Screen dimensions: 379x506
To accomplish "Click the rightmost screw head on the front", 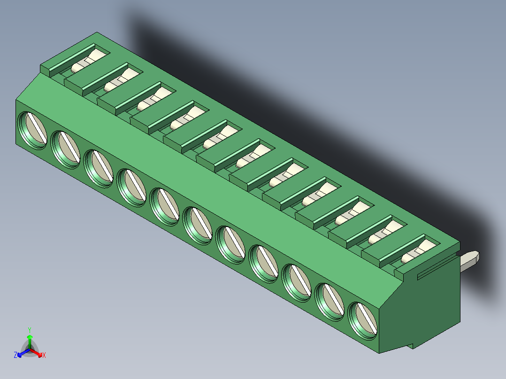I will (363, 321).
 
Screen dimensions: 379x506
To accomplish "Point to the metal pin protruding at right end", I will (470, 260).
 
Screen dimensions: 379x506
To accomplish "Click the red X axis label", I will (44, 356).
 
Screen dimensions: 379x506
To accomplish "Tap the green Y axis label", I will (30, 329).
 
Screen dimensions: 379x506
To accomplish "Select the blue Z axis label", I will (15, 356).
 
